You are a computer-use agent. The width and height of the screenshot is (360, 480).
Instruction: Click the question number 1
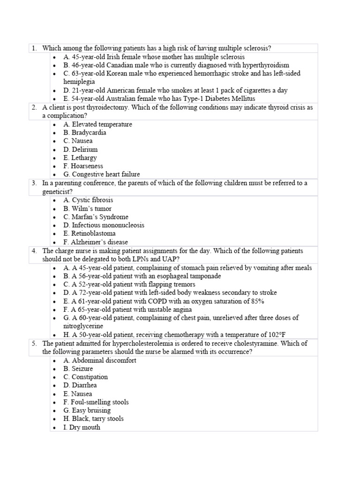[34, 48]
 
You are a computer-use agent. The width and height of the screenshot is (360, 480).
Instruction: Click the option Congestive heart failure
[101, 174]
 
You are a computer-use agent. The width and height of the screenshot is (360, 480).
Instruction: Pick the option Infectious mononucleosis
[104, 225]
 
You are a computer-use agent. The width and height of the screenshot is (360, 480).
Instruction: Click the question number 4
[34, 251]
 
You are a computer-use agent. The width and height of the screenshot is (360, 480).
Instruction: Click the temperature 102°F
[281, 335]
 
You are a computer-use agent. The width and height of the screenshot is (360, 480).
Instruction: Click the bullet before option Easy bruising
[54, 411]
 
